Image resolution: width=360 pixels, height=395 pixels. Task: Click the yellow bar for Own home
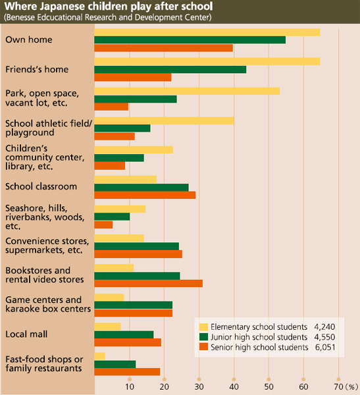point(207,32)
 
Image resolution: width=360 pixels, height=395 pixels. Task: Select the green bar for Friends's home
point(170,70)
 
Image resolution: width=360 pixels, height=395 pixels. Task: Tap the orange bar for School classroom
point(145,195)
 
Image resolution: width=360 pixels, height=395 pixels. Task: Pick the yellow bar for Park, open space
point(187,92)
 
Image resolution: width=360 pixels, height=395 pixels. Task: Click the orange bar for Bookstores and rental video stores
point(148,283)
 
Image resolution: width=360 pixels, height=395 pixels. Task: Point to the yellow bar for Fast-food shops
point(100,356)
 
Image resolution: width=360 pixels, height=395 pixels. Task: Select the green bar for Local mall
point(124,335)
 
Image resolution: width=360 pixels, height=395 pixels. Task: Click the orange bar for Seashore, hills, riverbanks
point(103,224)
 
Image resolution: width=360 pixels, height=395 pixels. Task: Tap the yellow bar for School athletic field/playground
point(165,120)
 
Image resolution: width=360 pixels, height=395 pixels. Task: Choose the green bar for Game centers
point(134,305)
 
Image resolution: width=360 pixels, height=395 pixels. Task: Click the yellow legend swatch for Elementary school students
point(203,327)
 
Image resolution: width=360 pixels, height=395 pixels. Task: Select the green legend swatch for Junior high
point(203,337)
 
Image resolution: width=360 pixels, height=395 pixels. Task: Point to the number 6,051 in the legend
point(325,347)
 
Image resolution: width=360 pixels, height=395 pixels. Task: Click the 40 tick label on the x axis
point(234,386)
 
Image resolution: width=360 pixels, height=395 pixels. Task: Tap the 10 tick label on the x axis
point(130,386)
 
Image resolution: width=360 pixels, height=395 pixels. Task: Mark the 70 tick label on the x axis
point(338,386)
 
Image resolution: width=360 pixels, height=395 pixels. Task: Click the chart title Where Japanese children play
point(109,7)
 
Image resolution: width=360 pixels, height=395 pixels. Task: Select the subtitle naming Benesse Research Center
point(107,17)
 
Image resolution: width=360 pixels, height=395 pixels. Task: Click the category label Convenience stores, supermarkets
point(47,246)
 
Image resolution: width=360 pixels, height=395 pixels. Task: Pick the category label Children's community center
point(45,157)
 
